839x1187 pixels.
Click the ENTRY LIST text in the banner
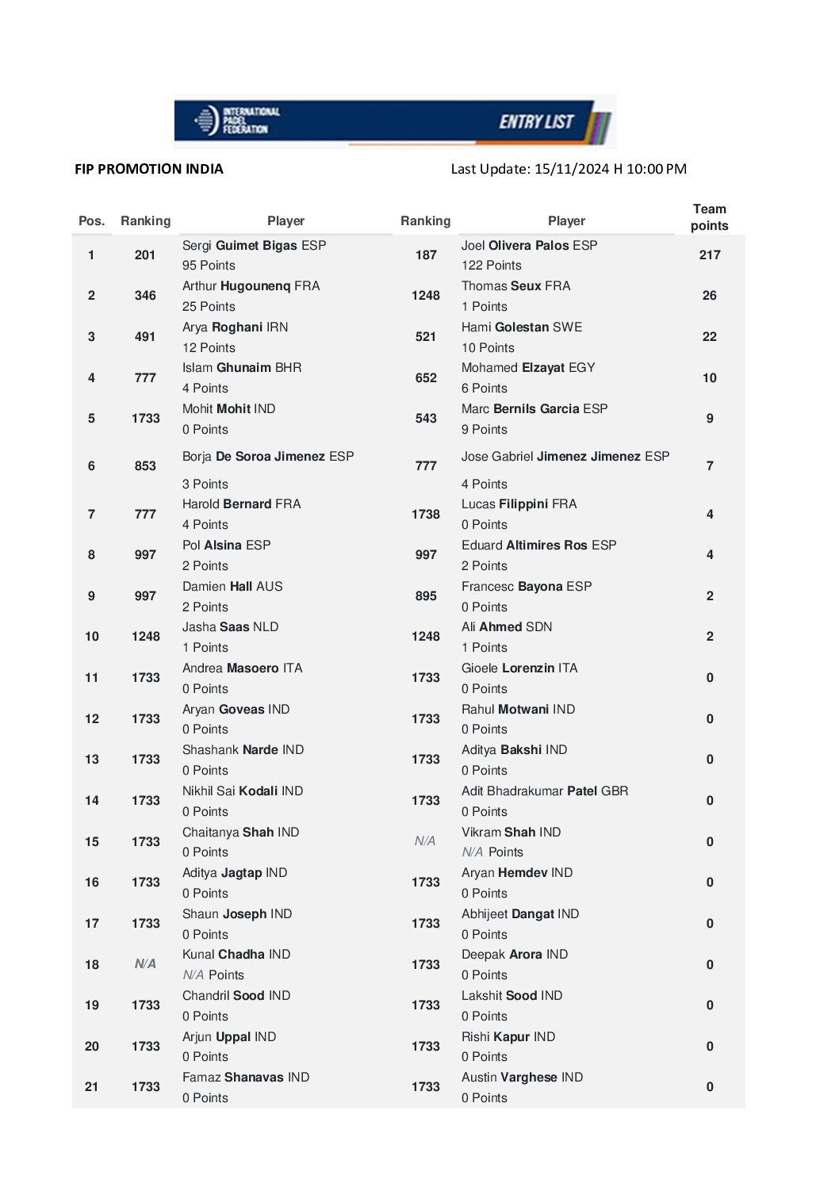tap(536, 121)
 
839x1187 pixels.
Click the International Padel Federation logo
tap(236, 121)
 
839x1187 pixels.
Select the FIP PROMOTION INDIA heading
tap(149, 169)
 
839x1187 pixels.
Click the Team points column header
tap(709, 217)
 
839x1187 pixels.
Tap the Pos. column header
tap(92, 221)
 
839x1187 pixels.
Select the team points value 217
tap(710, 255)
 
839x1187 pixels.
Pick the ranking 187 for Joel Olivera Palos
tap(426, 255)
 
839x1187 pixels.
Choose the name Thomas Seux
tap(515, 286)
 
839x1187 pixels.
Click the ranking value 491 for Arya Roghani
tap(145, 337)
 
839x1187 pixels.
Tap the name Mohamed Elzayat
tap(528, 368)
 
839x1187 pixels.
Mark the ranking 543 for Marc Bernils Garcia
tap(426, 419)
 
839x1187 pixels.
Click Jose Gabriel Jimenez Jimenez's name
tap(565, 457)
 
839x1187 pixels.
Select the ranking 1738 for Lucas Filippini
tap(426, 515)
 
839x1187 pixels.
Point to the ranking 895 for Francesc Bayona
tap(426, 596)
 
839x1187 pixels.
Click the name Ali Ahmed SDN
tap(507, 627)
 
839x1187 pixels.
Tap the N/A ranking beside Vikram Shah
tap(425, 841)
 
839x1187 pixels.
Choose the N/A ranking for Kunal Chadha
tap(145, 964)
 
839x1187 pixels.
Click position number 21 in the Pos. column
tap(92, 1087)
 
